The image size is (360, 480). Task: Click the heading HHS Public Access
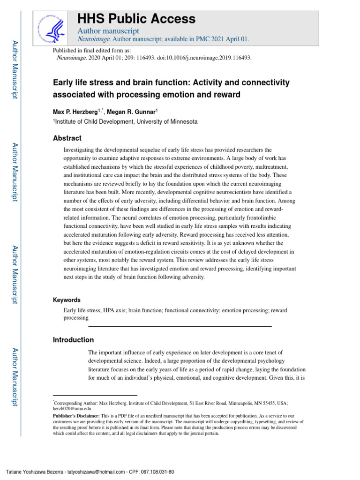pyautogui.click(x=136, y=19)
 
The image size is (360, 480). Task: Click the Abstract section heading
pyautogui.click(x=67, y=138)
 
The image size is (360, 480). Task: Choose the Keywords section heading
pyautogui.click(x=67, y=300)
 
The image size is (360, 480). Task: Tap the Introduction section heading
pyautogui.click(x=73, y=340)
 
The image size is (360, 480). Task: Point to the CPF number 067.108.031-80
pyautogui.click(x=160, y=472)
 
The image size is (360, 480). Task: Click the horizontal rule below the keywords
pyautogui.click(x=180, y=326)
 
